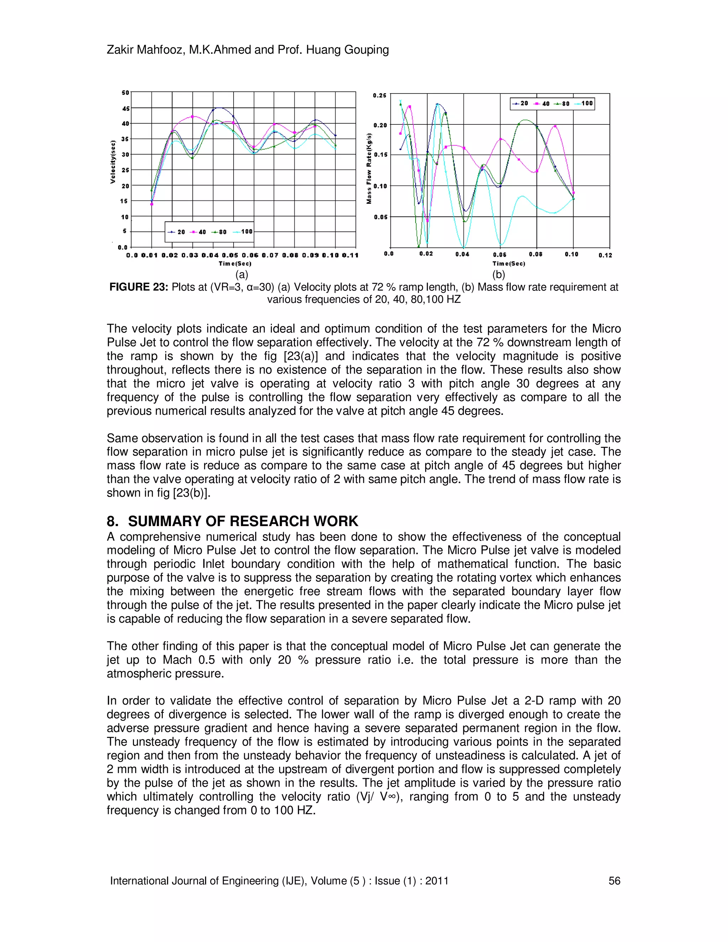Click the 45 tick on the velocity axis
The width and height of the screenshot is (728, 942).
(x=125, y=109)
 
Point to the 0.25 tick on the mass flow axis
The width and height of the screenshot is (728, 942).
(x=380, y=95)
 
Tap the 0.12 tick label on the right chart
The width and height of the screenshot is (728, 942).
(x=605, y=255)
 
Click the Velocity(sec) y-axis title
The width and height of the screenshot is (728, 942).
(x=113, y=162)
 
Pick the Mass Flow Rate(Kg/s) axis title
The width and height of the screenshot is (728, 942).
(x=369, y=168)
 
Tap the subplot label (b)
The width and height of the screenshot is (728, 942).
(x=499, y=275)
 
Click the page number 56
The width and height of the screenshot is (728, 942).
(x=614, y=881)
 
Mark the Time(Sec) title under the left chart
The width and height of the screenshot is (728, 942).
(x=235, y=263)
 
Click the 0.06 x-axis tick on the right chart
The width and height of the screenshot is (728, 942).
(x=500, y=255)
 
